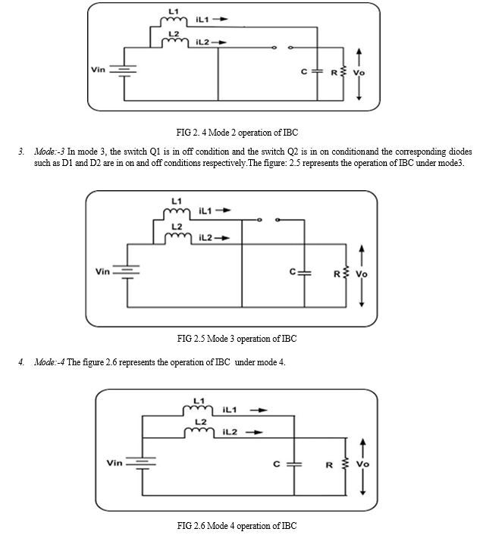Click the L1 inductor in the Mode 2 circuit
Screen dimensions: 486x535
pyautogui.click(x=174, y=21)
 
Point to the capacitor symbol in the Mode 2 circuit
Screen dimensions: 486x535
pyautogui.click(x=317, y=71)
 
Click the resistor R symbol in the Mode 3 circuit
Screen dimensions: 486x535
pyautogui.click(x=346, y=273)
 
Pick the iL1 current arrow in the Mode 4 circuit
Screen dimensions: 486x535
pyautogui.click(x=259, y=410)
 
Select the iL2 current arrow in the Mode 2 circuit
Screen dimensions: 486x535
pyautogui.click(x=219, y=42)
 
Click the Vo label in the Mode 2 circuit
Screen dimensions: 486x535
pyautogui.click(x=359, y=73)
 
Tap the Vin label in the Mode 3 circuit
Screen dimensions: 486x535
pyautogui.click(x=102, y=271)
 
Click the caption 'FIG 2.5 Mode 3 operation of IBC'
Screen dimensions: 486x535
pyautogui.click(x=237, y=339)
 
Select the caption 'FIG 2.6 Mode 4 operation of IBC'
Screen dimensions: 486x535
pyautogui.click(x=237, y=525)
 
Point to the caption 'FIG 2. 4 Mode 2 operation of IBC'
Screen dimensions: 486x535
pyautogui.click(x=237, y=133)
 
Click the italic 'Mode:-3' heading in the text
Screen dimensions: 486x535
pyautogui.click(x=49, y=151)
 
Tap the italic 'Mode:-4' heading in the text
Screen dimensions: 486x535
pyautogui.click(x=49, y=362)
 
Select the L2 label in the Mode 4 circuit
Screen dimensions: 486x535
pyautogui.click(x=201, y=422)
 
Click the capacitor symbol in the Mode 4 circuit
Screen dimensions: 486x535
pyautogui.click(x=294, y=464)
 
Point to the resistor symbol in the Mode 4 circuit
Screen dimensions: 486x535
pyautogui.click(x=346, y=463)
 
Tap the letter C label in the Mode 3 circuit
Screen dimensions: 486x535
pyautogui.click(x=293, y=271)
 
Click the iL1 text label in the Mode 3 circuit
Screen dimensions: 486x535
pyautogui.click(x=205, y=211)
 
